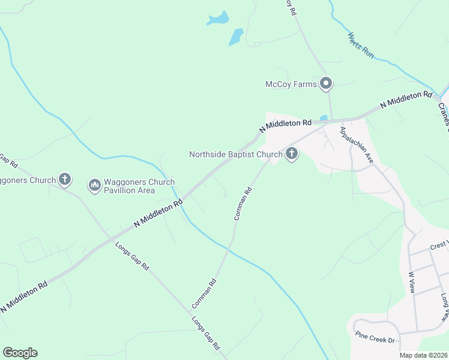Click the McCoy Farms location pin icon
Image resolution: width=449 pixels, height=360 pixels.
pyautogui.click(x=326, y=83)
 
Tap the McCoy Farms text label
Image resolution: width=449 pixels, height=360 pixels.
pyautogui.click(x=291, y=85)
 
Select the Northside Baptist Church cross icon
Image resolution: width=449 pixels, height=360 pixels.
pyautogui.click(x=291, y=154)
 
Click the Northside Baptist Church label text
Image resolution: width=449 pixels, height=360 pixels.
pyautogui.click(x=235, y=154)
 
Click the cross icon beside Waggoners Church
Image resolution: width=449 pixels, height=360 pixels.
pyautogui.click(x=65, y=179)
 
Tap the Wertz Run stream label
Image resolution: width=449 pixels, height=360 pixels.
pyautogui.click(x=360, y=45)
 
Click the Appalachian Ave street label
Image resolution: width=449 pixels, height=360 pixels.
pyautogui.click(x=357, y=146)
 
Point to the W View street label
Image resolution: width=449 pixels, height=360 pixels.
pyautogui.click(x=412, y=283)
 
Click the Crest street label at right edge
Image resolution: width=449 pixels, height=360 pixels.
pyautogui.click(x=439, y=247)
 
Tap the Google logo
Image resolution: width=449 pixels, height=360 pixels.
pyautogui.click(x=20, y=352)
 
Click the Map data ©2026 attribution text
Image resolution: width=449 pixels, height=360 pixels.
pyautogui.click(x=423, y=355)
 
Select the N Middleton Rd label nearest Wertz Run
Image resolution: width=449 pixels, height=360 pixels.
pyautogui.click(x=406, y=103)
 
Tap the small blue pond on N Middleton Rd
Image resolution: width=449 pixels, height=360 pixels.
pyautogui.click(x=324, y=117)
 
